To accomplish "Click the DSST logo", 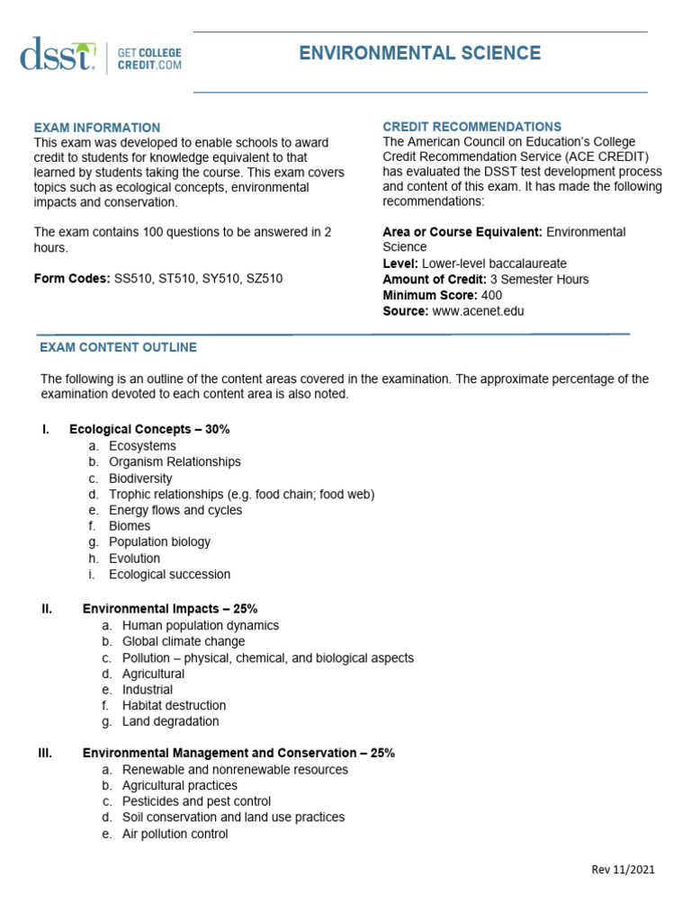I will coord(58,56).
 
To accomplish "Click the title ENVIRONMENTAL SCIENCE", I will coord(420,53).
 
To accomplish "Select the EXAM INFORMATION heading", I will coord(97,128).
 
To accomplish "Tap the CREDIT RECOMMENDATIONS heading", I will coord(472,127).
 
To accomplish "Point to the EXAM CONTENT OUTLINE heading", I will coord(118,347).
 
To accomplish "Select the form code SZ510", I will coord(265,279).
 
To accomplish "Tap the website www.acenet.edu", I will coord(478,311).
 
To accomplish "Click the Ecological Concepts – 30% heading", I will coord(149,429).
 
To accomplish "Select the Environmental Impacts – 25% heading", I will coord(170,609).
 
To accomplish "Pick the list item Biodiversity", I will coord(140,478).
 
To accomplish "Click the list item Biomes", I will coord(130,526).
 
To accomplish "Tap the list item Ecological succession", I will coord(169,574).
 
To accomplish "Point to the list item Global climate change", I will coord(184,641).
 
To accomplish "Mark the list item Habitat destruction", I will coord(174,705).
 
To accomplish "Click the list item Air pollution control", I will coord(175,834).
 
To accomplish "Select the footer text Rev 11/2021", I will coord(623,869).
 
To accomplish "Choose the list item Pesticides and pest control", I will coord(196,801).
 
